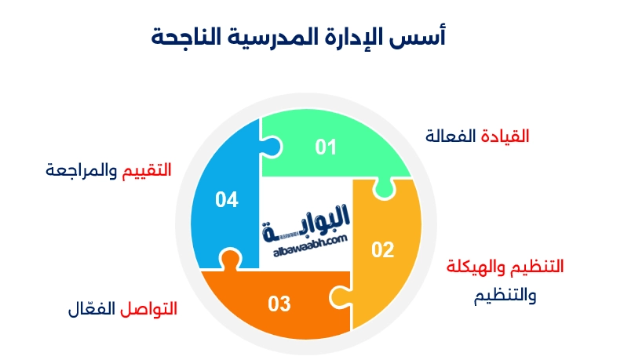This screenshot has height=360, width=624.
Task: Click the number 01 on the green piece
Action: [x=326, y=147]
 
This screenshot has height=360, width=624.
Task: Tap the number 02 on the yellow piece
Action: [x=382, y=250]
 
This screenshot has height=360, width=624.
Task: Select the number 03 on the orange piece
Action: [x=279, y=304]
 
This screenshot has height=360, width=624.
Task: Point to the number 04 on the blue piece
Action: [x=227, y=200]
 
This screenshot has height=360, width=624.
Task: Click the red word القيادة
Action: [x=505, y=136]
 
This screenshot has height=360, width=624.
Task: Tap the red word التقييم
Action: [x=147, y=169]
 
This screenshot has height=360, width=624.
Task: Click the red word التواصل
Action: [x=148, y=309]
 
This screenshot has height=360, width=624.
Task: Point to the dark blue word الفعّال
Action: [x=91, y=308]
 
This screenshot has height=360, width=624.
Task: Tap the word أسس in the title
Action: [x=427, y=36]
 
